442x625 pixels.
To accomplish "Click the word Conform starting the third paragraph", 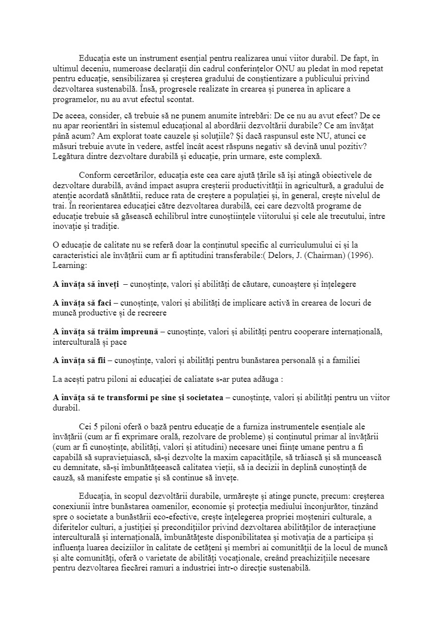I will [94, 175].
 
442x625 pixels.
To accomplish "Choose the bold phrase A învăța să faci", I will [82, 303].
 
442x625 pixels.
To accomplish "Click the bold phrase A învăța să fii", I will [79, 360].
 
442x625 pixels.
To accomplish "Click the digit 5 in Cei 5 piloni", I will [96, 426].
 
